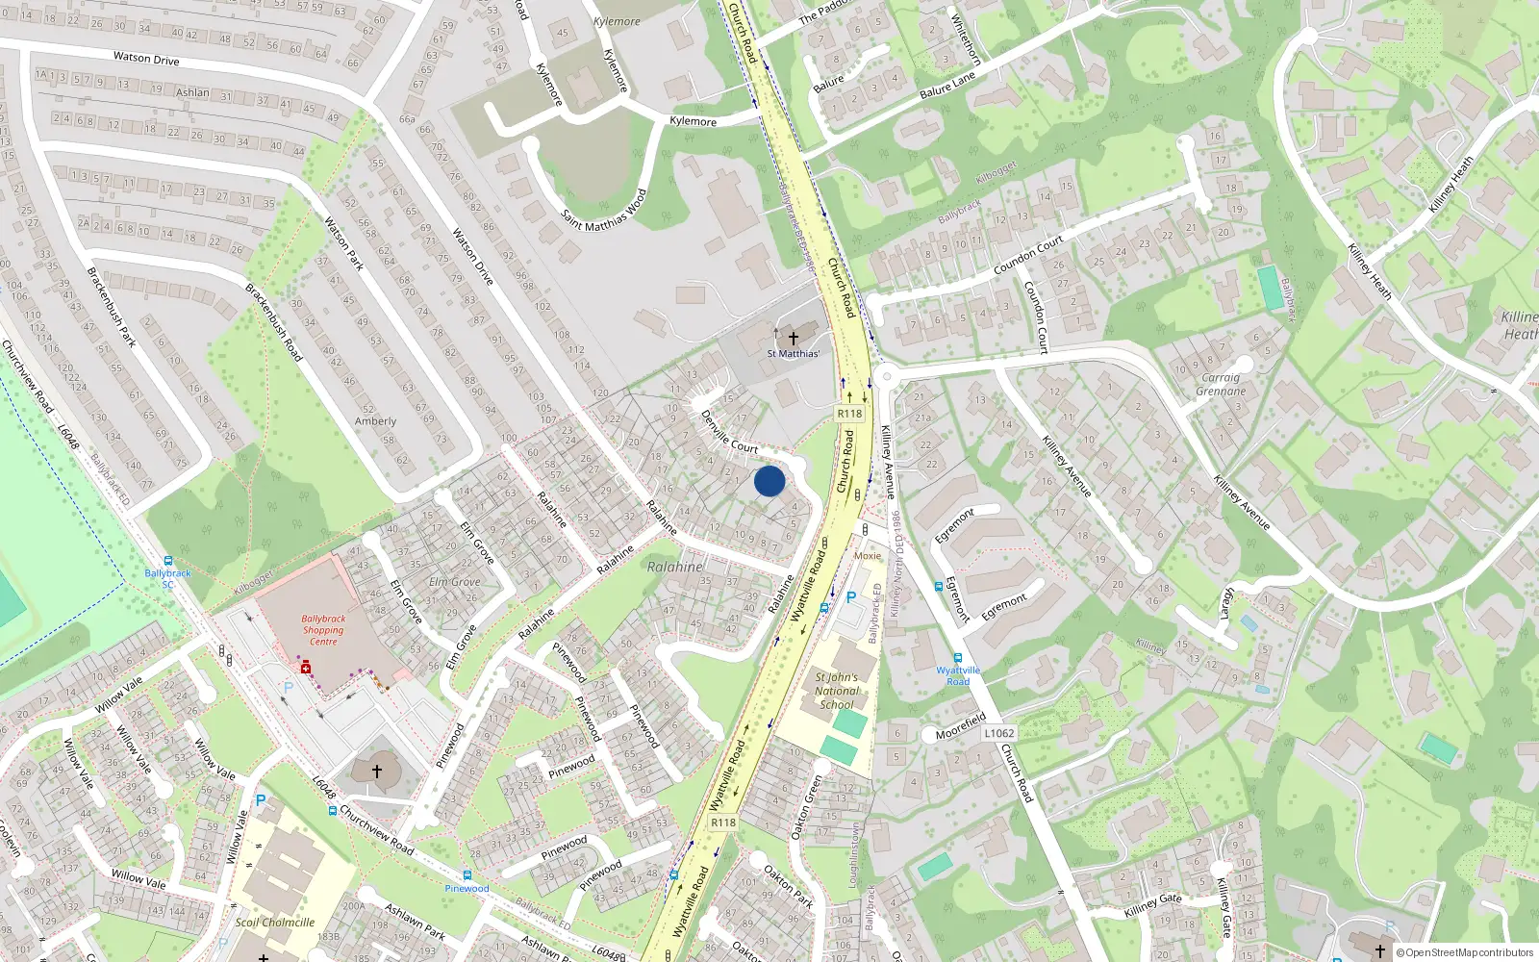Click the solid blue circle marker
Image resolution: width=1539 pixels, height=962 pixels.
click(x=769, y=481)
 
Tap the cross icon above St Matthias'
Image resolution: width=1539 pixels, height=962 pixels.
click(x=794, y=339)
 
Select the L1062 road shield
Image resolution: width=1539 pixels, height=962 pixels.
click(x=999, y=733)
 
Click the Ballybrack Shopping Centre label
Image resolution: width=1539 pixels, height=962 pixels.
click(x=323, y=630)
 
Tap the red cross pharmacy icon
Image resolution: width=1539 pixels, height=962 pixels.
click(x=306, y=667)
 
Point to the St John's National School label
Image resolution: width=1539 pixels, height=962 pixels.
click(x=837, y=691)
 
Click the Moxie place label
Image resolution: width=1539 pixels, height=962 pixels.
click(x=867, y=556)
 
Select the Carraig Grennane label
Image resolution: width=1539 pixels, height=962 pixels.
click(x=1221, y=385)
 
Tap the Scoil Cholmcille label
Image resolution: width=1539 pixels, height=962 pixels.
click(x=275, y=923)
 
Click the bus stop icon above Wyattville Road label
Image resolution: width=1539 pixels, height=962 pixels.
click(x=958, y=658)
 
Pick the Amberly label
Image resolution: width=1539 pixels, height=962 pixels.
click(x=375, y=421)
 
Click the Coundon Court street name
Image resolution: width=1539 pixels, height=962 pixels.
click(x=1028, y=254)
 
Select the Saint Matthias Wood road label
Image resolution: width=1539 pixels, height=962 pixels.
click(x=604, y=211)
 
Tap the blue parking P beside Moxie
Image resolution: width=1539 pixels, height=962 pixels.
click(x=850, y=598)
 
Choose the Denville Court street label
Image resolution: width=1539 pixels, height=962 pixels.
click(x=729, y=432)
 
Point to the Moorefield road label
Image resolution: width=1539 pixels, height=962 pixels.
click(x=961, y=726)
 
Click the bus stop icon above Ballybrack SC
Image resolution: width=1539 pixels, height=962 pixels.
click(x=168, y=561)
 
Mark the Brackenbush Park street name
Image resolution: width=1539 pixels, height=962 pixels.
click(x=112, y=308)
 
